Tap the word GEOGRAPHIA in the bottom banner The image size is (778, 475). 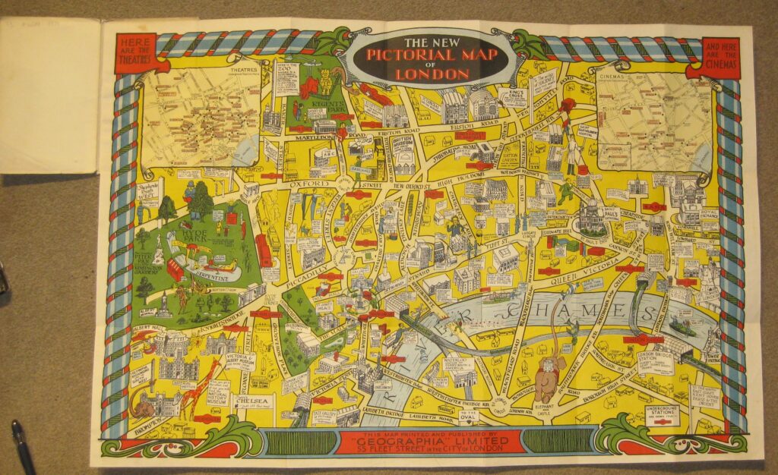436,439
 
